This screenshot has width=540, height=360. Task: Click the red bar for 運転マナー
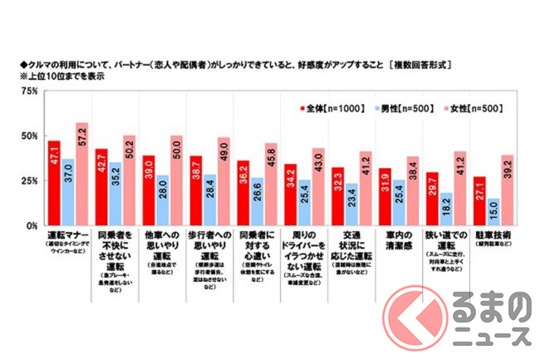pos(56,184)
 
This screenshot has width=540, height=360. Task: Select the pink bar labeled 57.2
pos(81,175)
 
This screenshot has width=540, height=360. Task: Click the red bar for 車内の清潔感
pos(385,197)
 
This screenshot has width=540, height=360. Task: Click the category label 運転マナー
pos(68,237)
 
